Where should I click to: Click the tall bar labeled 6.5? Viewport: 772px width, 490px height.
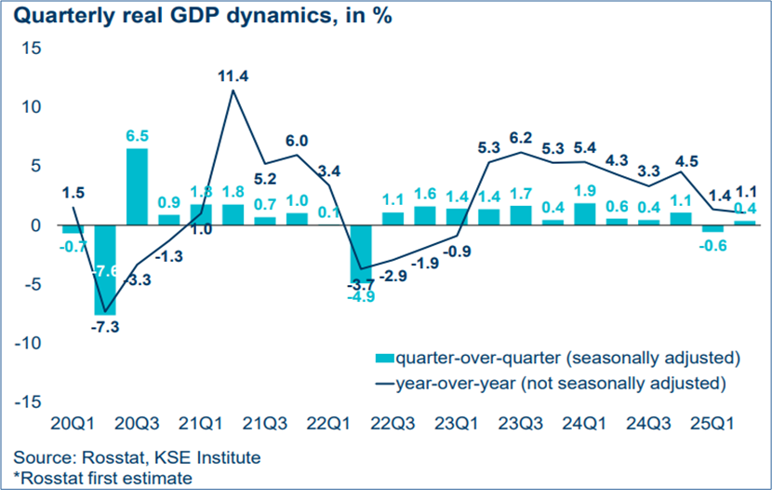coord(137,186)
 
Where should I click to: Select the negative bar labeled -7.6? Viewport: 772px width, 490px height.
coord(104,270)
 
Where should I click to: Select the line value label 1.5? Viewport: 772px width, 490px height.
coord(72,192)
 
